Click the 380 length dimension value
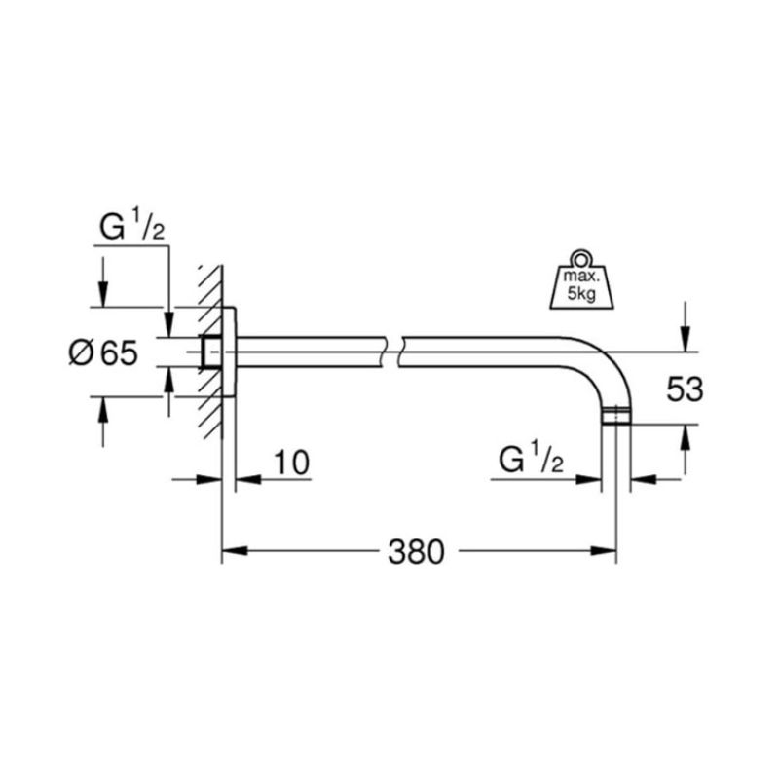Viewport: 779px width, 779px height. (x=416, y=551)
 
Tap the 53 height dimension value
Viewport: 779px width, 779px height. (x=685, y=389)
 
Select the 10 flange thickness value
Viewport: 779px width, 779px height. (x=291, y=463)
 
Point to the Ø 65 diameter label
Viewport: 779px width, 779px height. (x=103, y=353)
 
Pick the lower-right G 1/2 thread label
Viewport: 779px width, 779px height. (x=531, y=459)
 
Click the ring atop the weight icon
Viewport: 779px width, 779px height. (x=581, y=258)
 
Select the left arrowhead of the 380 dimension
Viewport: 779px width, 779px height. (x=235, y=550)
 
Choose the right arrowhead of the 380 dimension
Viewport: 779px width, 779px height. (x=604, y=550)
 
